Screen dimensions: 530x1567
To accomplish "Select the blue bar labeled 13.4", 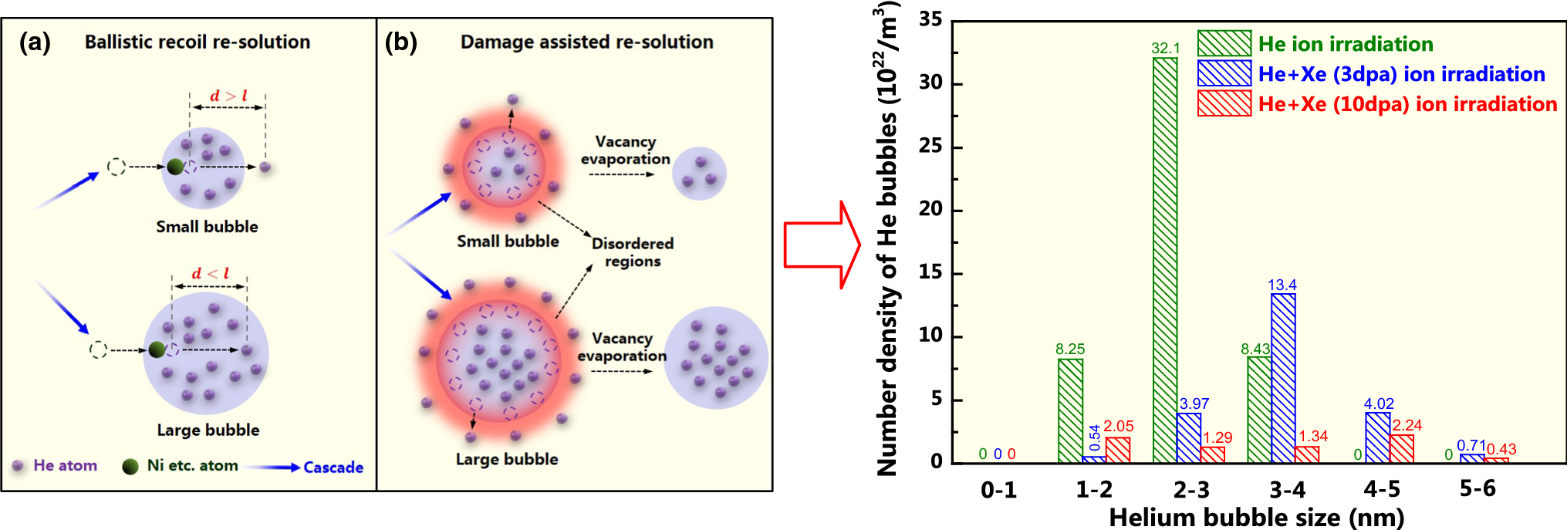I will coord(1283,378).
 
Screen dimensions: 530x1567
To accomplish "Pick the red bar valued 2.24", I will coord(1401,449).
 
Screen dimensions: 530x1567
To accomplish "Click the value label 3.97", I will coord(1194,403).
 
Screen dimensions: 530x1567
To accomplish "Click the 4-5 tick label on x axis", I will coord(1382,489).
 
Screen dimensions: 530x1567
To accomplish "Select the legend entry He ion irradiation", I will coord(1346,44).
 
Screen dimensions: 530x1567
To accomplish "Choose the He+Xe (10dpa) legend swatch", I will coord(1224,103).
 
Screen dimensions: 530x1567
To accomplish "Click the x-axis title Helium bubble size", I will coord(1256,517).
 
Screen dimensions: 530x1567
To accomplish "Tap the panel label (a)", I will coord(35,42).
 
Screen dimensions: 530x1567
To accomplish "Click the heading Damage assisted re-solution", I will coord(586,42).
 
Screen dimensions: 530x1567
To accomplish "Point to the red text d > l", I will coord(229,96).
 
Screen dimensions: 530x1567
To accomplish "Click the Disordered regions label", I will coord(632,252).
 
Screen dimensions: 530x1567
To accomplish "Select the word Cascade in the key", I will coord(333,467).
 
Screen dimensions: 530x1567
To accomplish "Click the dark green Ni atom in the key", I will coord(130,466).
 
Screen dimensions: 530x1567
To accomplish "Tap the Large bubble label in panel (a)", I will coord(208,430).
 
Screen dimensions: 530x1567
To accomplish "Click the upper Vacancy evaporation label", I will coord(625,150).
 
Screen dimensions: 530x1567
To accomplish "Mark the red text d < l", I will coord(211,273).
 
